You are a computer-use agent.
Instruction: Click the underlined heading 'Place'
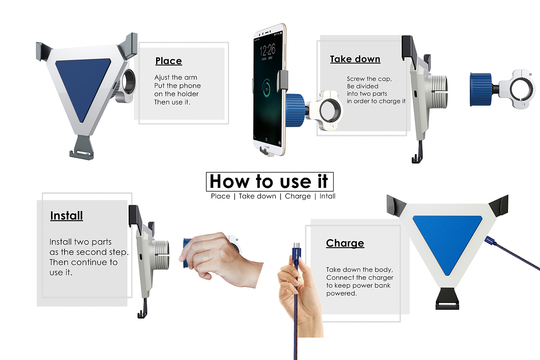coord(168,61)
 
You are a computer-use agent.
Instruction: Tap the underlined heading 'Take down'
coord(355,60)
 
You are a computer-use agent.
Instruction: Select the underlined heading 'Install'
coord(67,216)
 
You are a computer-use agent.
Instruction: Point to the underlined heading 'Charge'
coord(345,243)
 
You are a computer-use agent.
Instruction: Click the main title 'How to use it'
coord(269,181)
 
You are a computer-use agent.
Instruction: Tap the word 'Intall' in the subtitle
coord(327,196)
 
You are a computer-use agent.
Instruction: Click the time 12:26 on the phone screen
coord(267,50)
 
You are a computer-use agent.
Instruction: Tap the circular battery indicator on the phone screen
coord(267,89)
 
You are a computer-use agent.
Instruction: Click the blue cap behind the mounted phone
coord(295,110)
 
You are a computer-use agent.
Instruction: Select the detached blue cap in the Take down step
coord(481,89)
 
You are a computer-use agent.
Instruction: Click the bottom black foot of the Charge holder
coord(447,299)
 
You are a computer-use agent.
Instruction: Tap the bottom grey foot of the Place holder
coord(82,148)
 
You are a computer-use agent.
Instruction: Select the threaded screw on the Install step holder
coord(162,254)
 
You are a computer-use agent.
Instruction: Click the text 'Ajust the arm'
coord(176,77)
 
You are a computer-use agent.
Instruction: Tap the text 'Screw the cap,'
coord(369,79)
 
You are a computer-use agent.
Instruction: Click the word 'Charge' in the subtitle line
coord(298,196)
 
